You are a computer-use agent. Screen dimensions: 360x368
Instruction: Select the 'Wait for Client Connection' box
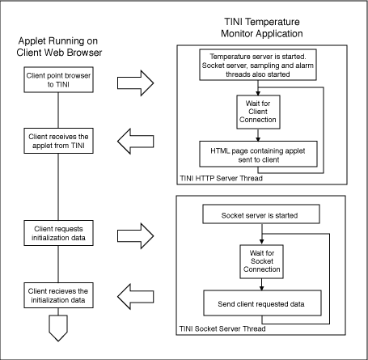coord(258,110)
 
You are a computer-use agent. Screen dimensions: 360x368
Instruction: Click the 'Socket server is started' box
coord(259,216)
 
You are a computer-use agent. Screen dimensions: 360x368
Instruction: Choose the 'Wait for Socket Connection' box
coord(258,262)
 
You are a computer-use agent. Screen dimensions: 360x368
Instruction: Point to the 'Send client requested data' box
coord(259,305)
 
